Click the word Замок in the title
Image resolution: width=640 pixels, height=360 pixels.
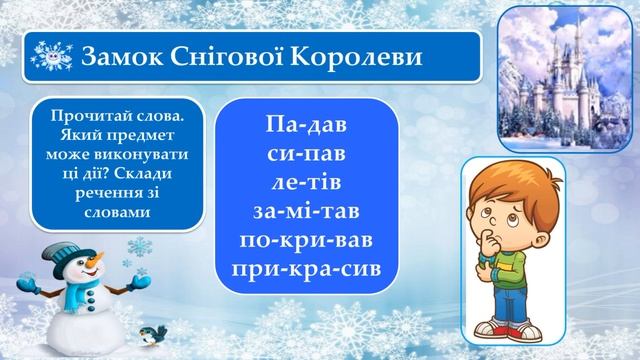(x=117, y=54)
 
